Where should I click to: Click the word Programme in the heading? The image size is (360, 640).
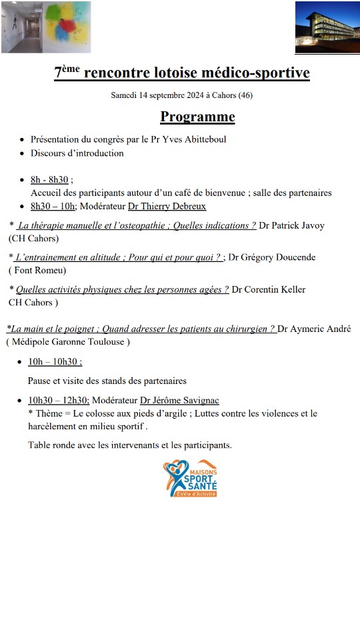[x=197, y=117]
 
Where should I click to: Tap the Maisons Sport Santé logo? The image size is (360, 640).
[x=190, y=478]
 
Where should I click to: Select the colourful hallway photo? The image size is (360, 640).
[x=46, y=27]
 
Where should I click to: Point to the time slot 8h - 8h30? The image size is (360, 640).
[x=50, y=179]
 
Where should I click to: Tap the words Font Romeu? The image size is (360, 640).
[x=38, y=270]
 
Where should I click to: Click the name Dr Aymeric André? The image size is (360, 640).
[x=313, y=329]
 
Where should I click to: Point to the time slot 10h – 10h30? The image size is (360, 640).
[x=55, y=361]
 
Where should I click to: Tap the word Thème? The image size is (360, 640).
[x=47, y=413]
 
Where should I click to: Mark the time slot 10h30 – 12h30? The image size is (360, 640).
[x=58, y=400]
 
